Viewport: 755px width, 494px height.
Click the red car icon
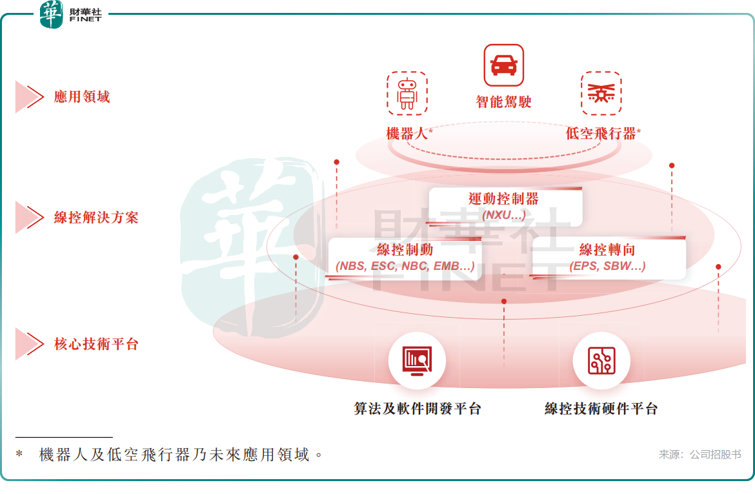tap(504, 65)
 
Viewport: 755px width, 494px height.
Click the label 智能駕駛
tap(504, 102)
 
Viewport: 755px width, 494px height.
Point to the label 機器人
tap(407, 134)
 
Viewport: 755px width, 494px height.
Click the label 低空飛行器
tap(601, 134)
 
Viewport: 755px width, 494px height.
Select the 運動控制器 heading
tap(504, 199)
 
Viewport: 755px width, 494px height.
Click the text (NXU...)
tap(504, 214)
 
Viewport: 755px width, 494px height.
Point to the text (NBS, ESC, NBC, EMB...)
tap(405, 266)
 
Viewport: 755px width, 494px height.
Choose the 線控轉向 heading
tap(607, 250)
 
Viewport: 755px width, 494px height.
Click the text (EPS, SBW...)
tap(607, 266)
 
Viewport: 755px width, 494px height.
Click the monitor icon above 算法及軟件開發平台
tap(417, 360)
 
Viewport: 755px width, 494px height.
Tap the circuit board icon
tap(601, 360)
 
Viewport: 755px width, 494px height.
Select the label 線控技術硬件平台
tap(601, 409)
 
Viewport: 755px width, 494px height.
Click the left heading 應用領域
tap(82, 98)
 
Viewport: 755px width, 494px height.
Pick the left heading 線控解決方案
tap(96, 218)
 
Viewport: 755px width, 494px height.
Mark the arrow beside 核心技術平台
tap(28, 344)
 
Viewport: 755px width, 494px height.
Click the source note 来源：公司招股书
tap(700, 455)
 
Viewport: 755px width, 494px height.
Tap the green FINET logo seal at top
tap(52, 14)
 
